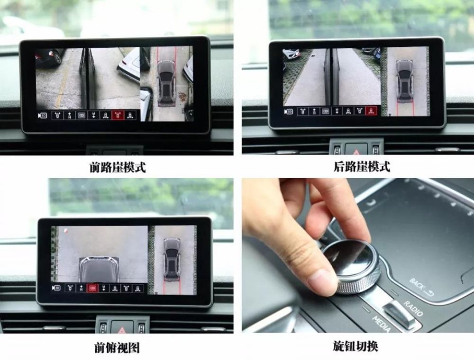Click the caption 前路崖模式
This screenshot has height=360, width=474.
[x=117, y=167]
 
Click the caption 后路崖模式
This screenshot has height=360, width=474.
[x=362, y=166]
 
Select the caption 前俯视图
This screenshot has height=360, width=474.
[x=117, y=348]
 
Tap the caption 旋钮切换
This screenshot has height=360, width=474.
[x=355, y=346]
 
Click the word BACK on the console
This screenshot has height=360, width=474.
[x=418, y=285]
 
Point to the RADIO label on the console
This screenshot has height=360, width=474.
[x=413, y=308]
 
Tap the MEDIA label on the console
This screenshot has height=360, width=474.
[x=381, y=324]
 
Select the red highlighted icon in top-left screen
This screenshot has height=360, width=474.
[x=118, y=115]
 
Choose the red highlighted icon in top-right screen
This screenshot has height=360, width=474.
[x=371, y=111]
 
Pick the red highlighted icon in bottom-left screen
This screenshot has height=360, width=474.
[x=92, y=288]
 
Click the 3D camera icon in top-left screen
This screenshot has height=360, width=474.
[x=42, y=116]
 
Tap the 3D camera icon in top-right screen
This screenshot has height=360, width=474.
[x=289, y=111]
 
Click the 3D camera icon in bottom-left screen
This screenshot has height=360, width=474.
[x=56, y=288]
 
